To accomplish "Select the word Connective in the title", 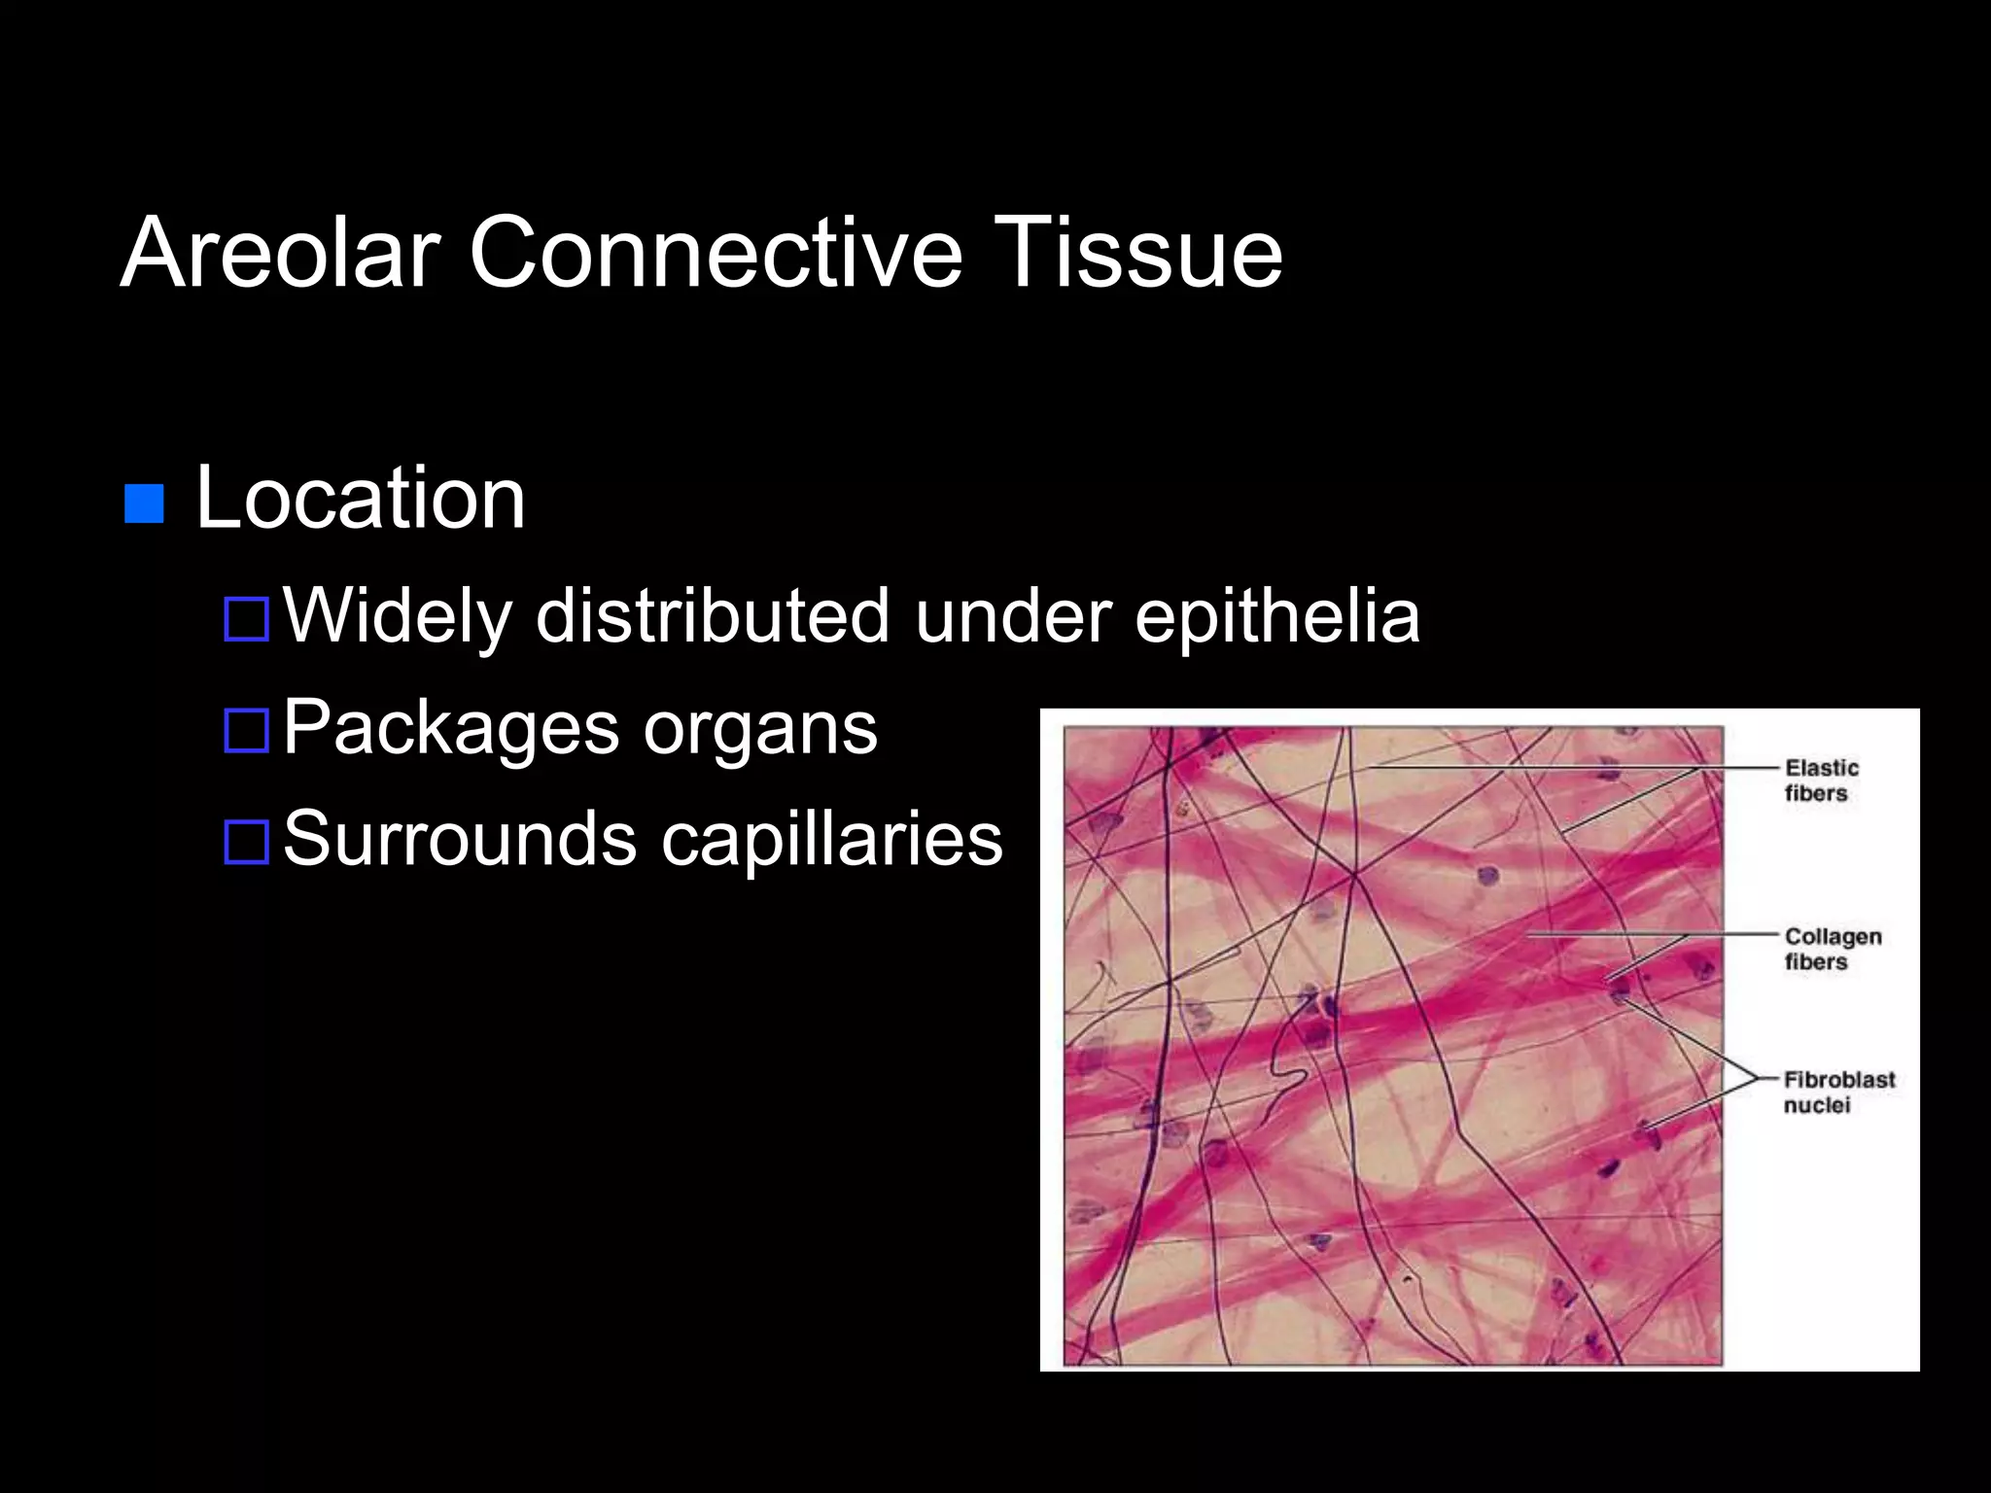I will pyautogui.click(x=716, y=253).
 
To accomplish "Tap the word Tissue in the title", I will pyautogui.click(x=1139, y=253).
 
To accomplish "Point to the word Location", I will pyautogui.click(x=361, y=498).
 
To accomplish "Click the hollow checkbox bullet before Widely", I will pyautogui.click(x=246, y=619).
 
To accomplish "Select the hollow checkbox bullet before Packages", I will pyautogui.click(x=246, y=731).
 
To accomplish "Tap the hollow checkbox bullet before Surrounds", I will pyautogui.click(x=246, y=842).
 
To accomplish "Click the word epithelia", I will pyautogui.click(x=1277, y=616).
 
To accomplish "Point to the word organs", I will pyautogui.click(x=760, y=729).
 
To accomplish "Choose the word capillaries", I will pyautogui.click(x=832, y=840).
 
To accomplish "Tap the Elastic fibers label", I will pyautogui.click(x=1821, y=781).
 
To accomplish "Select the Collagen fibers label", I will pyautogui.click(x=1833, y=949).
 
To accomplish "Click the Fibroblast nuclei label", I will pyautogui.click(x=1838, y=1092).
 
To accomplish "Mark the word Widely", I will pyautogui.click(x=397, y=616).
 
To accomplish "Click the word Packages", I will pyautogui.click(x=451, y=729).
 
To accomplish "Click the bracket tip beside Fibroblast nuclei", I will pyautogui.click(x=1756, y=1078).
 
